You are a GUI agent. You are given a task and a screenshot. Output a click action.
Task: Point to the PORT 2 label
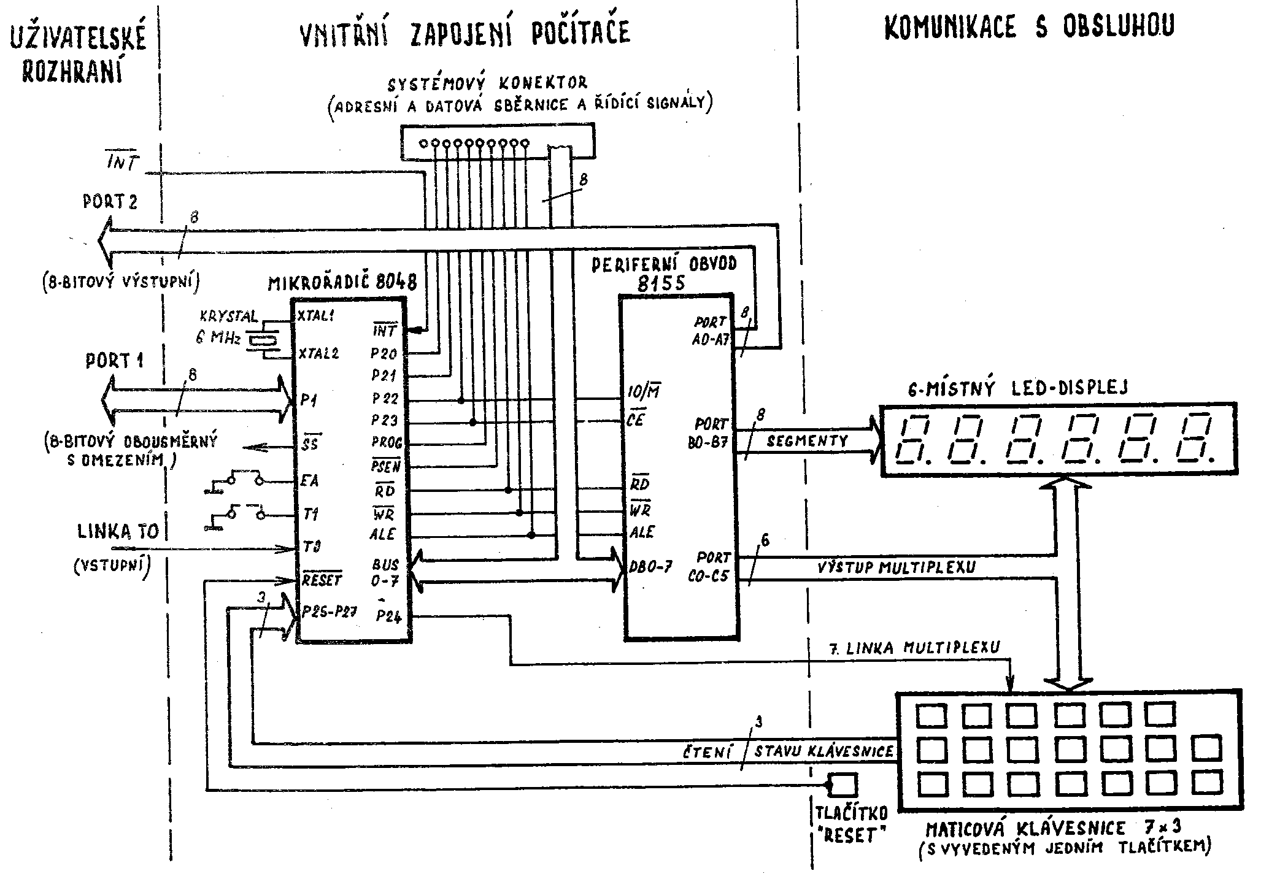point(110,201)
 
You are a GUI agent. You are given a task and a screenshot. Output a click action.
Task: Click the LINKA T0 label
point(118,531)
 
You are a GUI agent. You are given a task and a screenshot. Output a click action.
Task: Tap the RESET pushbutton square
point(843,785)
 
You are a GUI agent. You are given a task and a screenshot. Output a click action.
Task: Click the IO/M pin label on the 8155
point(644,391)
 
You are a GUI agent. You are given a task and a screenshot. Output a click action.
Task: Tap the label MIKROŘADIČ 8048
point(342,282)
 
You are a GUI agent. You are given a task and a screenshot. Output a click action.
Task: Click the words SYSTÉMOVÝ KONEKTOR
point(488,82)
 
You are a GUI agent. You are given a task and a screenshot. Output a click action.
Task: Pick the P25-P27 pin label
point(330,612)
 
